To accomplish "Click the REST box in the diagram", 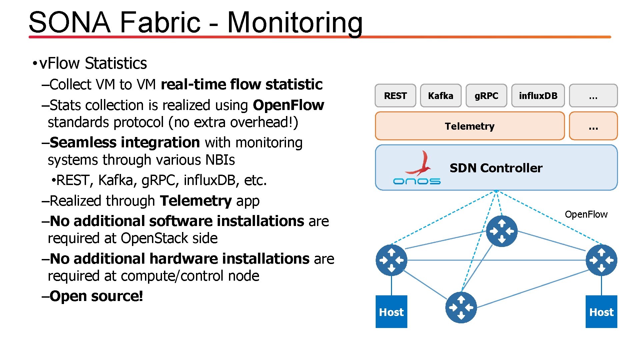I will pyautogui.click(x=395, y=96).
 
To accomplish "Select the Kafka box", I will pyautogui.click(x=441, y=96).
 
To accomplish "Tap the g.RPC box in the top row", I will pyautogui.click(x=486, y=96).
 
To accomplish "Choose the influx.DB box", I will pyautogui.click(x=538, y=96).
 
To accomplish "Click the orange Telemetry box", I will pyautogui.click(x=470, y=126).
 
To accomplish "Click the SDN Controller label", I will pyautogui.click(x=496, y=168).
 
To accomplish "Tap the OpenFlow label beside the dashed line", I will pyautogui.click(x=586, y=214).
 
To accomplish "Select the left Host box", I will pyautogui.click(x=391, y=312).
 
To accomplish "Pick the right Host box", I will pyautogui.click(x=601, y=312).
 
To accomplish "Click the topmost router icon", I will pyautogui.click(x=502, y=231).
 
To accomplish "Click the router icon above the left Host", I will pyautogui.click(x=391, y=260).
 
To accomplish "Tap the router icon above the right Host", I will pyautogui.click(x=601, y=260).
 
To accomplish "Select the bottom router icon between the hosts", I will pyautogui.click(x=461, y=307).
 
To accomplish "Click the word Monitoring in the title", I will pyautogui.click(x=295, y=22).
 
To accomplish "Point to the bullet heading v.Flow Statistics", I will pyautogui.click(x=93, y=63).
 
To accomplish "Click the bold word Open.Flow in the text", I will pyautogui.click(x=288, y=105).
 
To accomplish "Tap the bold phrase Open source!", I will pyautogui.click(x=96, y=296).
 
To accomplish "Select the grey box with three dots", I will pyautogui.click(x=593, y=96).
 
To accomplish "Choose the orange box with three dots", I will pyautogui.click(x=593, y=126).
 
